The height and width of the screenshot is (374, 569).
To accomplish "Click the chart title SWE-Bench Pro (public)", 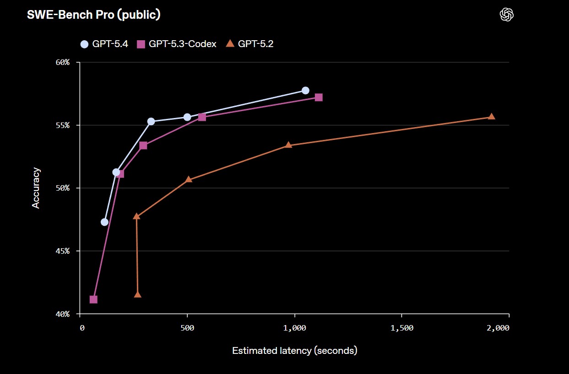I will tap(93, 15).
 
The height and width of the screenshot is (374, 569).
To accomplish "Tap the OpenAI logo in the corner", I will tap(506, 15).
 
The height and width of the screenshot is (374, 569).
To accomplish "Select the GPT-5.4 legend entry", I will tap(104, 44).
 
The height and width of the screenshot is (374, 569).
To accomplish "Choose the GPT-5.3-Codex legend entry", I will tap(177, 44).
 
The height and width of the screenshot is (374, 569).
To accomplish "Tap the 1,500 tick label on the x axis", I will tap(401, 328).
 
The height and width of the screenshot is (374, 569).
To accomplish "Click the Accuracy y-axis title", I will tap(36, 188).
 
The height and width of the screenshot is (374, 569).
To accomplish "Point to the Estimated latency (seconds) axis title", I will tap(294, 351).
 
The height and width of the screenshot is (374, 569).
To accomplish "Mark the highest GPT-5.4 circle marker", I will tap(305, 91).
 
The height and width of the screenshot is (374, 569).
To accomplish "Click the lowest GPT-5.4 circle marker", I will tap(104, 222).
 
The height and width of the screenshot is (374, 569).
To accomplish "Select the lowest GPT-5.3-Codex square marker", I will tap(93, 299).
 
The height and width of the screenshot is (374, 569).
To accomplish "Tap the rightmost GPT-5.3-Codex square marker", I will tap(319, 97).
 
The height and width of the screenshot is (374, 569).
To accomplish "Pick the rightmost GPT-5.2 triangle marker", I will tap(491, 117).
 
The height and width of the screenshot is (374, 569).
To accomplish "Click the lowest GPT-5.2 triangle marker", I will tap(138, 294).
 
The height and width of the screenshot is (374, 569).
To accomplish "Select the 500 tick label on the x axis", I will tap(187, 328).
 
